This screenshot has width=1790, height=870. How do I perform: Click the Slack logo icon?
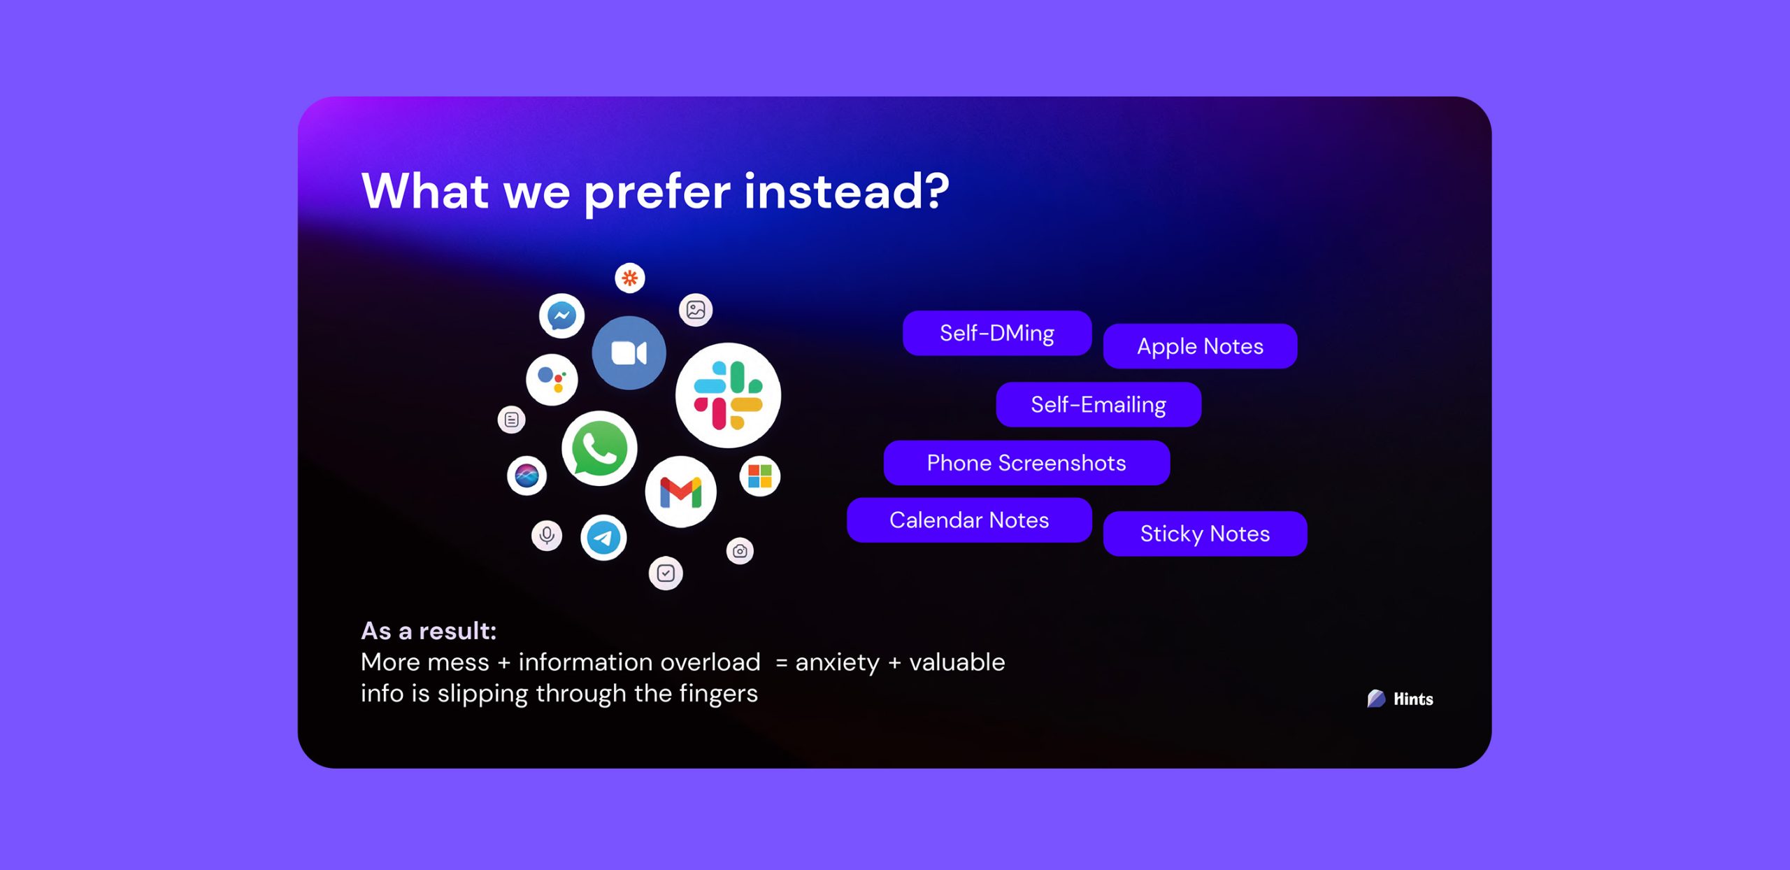[x=728, y=395]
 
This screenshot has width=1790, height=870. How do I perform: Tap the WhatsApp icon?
[x=599, y=448]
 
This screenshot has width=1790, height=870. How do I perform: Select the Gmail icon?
[x=680, y=492]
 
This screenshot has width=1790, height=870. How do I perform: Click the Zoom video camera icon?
[x=629, y=352]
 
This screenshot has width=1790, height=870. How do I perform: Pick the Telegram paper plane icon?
[x=603, y=538]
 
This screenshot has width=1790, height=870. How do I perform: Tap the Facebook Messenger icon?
[x=561, y=316]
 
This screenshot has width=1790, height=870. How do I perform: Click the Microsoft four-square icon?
[x=759, y=476]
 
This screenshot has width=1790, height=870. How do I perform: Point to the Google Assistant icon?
[x=552, y=380]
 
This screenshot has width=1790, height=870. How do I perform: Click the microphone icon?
[x=547, y=536]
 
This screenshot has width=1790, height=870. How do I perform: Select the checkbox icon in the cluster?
[x=666, y=573]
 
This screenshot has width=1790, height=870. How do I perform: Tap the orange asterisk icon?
[x=630, y=278]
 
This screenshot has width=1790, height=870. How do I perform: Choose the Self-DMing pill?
[x=997, y=333]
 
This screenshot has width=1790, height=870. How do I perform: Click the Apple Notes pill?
[x=1200, y=346]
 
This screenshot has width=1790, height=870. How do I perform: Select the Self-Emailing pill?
[x=1098, y=404]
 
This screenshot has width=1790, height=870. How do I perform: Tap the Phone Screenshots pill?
[x=1026, y=463]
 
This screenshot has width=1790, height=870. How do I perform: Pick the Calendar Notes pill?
[x=969, y=520]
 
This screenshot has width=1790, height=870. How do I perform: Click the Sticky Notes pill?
[x=1205, y=534]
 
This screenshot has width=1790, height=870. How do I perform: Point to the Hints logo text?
[x=1413, y=699]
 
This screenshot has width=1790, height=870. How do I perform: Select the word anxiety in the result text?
[x=837, y=662]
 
